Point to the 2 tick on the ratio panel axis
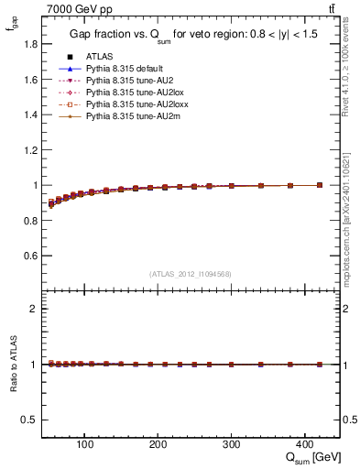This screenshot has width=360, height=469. (x=34, y=309)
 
